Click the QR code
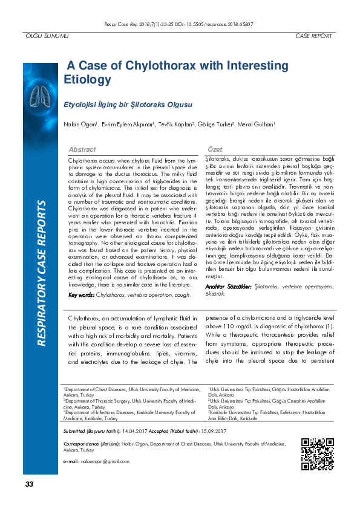317,454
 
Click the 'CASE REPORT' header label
313,37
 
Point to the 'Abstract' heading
82,149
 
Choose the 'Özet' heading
215,149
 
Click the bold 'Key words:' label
82,295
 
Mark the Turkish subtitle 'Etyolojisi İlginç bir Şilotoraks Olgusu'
128,105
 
